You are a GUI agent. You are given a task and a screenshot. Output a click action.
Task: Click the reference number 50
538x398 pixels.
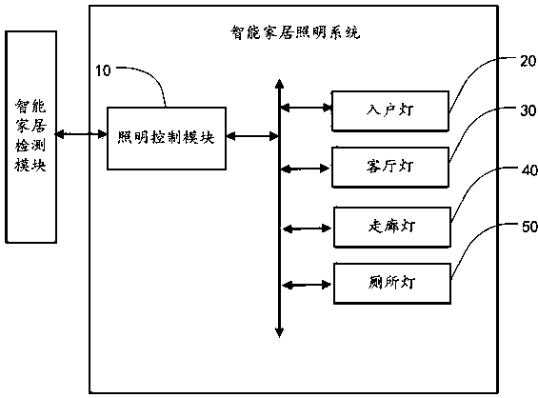pyautogui.click(x=518, y=227)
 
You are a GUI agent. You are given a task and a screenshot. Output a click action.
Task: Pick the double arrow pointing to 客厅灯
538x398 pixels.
pyautogui.click(x=306, y=169)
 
